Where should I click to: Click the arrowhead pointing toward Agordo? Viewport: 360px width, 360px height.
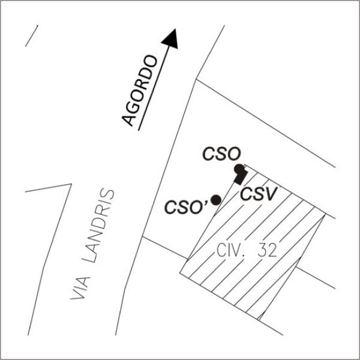(x=171, y=40)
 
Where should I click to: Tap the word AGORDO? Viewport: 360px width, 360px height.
(x=140, y=91)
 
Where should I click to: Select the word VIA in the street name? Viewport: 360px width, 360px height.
(x=80, y=288)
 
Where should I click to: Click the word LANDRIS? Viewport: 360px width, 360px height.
(x=99, y=226)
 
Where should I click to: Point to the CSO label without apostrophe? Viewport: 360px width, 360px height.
(x=221, y=154)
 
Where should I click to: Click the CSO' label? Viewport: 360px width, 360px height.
(x=186, y=207)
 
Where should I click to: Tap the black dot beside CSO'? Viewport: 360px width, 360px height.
(x=216, y=200)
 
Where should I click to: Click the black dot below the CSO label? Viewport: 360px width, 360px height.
(x=239, y=169)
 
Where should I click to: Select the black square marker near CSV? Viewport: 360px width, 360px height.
(x=241, y=178)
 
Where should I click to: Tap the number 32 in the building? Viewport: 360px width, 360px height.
(x=268, y=250)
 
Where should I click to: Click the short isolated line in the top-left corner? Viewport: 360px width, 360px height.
(x=31, y=36)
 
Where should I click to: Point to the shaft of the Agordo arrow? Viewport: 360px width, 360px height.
(x=154, y=88)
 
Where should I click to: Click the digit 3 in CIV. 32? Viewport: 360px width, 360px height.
(x=262, y=250)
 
